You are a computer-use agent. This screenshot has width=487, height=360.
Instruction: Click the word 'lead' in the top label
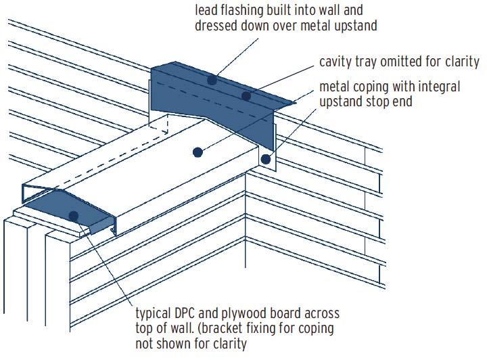[206, 10]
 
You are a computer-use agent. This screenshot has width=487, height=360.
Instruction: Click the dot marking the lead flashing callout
[212, 80]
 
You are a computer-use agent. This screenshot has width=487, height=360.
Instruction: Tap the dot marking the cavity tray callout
[246, 96]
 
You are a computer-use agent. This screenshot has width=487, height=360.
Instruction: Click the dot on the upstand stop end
[266, 160]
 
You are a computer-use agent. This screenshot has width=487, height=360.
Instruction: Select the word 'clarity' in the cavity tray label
[461, 62]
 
